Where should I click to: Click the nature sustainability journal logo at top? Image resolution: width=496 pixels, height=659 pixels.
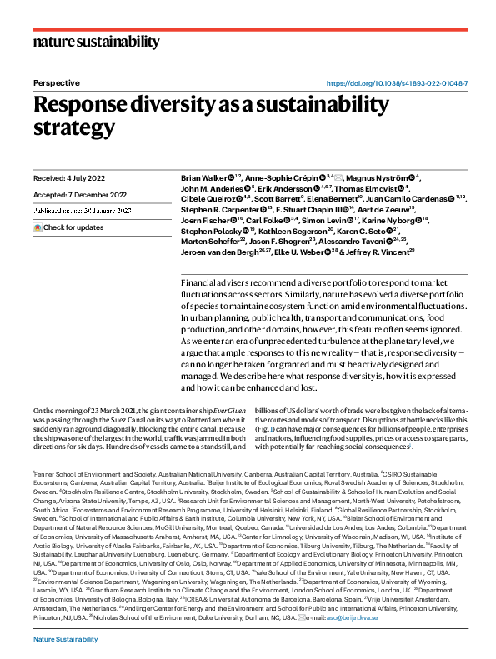point(96,42)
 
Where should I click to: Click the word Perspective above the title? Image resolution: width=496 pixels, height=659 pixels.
point(56,83)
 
